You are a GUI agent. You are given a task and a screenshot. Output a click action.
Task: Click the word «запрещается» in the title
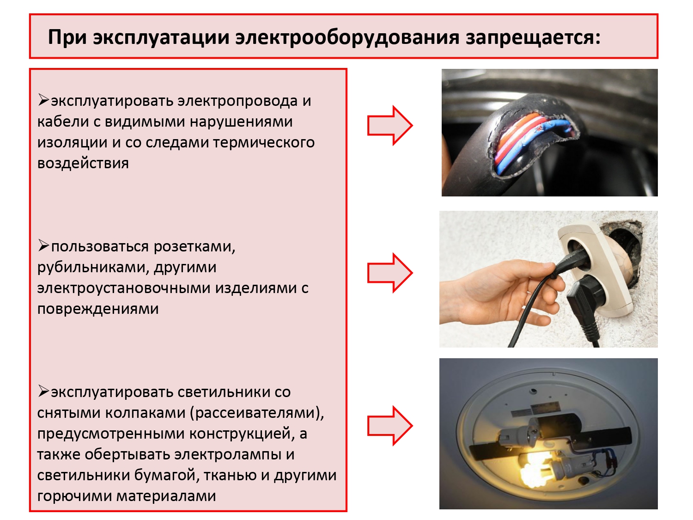click(533, 37)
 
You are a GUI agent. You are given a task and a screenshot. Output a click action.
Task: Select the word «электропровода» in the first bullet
click(238, 102)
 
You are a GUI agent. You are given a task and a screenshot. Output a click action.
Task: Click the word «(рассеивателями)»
click(257, 413)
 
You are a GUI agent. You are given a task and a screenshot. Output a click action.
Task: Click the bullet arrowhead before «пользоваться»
click(43, 245)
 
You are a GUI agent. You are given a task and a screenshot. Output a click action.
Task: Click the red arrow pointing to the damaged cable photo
click(390, 126)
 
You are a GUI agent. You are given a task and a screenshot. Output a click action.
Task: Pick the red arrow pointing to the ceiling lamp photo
click(390, 426)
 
